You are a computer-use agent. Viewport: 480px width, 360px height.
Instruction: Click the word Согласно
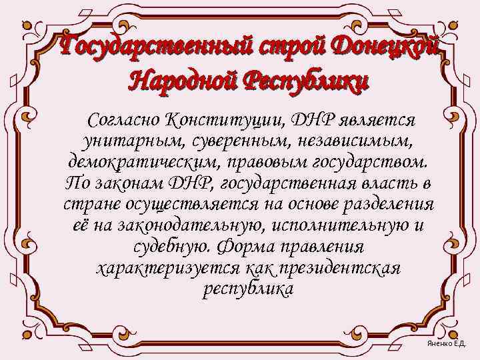[x=127, y=121]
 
